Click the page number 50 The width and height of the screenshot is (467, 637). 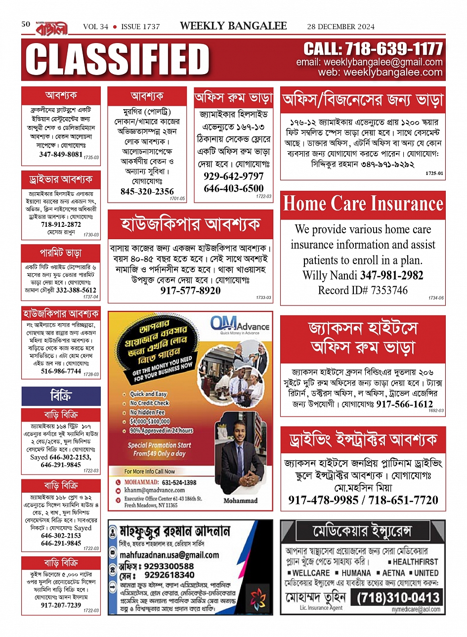click(x=26, y=24)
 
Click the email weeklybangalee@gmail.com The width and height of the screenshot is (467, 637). click(x=369, y=62)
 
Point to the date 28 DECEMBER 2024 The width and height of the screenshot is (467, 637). click(x=340, y=27)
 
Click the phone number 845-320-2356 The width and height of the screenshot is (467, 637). click(x=147, y=191)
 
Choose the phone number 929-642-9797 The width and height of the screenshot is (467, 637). click(x=234, y=176)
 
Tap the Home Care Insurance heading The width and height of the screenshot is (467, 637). click(x=363, y=204)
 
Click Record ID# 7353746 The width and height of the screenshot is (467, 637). click(x=363, y=290)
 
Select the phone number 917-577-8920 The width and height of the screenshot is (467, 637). click(x=190, y=291)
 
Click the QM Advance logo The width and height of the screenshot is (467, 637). click(x=240, y=326)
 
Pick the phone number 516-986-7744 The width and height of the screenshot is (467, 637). click(x=61, y=371)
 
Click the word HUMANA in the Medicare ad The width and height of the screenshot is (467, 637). click(x=356, y=573)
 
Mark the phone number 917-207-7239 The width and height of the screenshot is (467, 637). click(x=61, y=605)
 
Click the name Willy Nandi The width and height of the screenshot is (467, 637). click(x=330, y=275)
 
